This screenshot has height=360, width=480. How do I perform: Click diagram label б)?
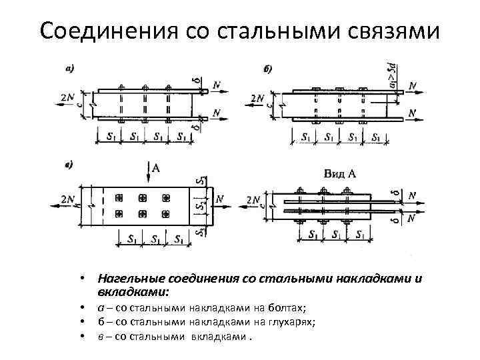click(x=268, y=69)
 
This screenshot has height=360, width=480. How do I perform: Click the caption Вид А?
click(x=339, y=173)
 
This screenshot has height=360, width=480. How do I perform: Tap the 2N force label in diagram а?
click(x=67, y=97)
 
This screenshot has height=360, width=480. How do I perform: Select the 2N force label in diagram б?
click(x=257, y=99)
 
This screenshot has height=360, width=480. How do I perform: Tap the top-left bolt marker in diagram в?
click(x=120, y=198)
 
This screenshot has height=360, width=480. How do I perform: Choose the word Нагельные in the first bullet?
click(x=129, y=279)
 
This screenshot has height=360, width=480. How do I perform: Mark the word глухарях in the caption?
click(x=293, y=322)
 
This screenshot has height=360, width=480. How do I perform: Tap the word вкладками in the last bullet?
click(x=213, y=336)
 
